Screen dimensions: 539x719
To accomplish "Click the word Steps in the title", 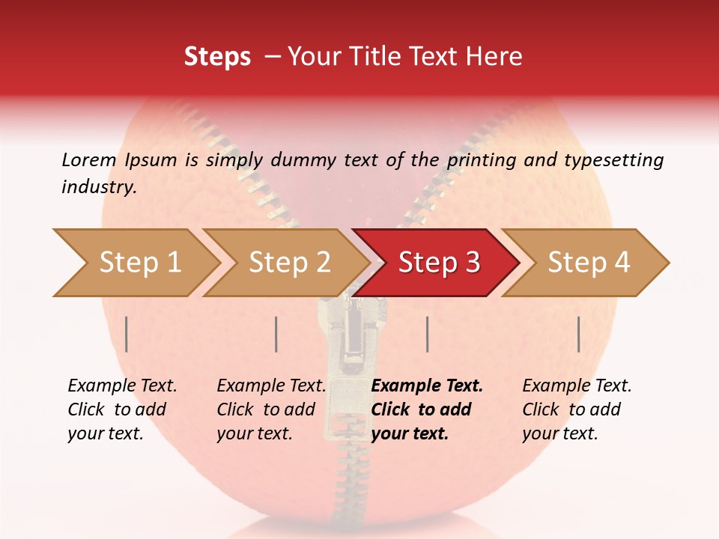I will (x=217, y=57).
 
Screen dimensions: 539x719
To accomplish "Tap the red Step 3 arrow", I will (x=439, y=263).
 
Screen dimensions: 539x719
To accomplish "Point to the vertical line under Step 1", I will (x=127, y=334).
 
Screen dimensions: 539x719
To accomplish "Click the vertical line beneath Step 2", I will (x=276, y=334).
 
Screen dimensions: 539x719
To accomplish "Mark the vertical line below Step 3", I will (x=427, y=334).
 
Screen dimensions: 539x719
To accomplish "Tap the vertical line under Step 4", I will (x=579, y=334).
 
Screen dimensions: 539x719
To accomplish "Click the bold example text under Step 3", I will (x=427, y=409).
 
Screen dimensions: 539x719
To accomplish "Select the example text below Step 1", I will (x=122, y=409).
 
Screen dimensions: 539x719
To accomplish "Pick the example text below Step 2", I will (x=271, y=409).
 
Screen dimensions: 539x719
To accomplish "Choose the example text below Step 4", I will (x=577, y=409).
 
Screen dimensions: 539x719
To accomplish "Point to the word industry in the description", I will (x=99, y=187).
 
